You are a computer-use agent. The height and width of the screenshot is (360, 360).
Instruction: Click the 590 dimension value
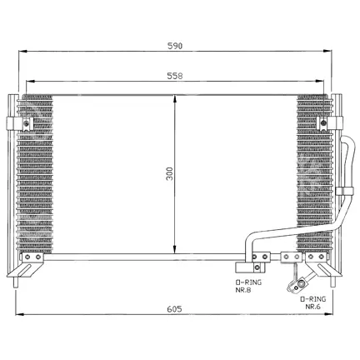(x=175, y=46)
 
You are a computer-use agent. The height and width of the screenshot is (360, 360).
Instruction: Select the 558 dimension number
(x=175, y=76)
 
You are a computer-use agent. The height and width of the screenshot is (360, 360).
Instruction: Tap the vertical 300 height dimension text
(x=169, y=174)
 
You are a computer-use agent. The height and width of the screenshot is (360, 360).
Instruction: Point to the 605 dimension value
(x=174, y=309)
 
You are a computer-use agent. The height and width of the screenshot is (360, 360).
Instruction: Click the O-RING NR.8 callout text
(x=248, y=287)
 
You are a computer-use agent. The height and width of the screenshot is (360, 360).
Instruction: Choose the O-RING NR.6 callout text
(x=312, y=302)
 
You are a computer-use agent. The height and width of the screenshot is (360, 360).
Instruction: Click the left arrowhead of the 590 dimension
(x=22, y=52)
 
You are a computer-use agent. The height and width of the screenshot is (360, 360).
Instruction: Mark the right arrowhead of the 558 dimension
(x=320, y=81)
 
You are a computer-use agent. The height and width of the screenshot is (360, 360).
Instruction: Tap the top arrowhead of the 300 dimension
(x=174, y=99)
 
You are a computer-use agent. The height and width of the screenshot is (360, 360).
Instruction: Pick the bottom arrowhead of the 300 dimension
(x=174, y=249)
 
